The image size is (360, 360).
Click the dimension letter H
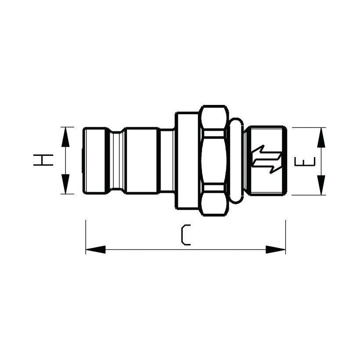[x=43, y=160]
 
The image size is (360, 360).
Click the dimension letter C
[x=186, y=235]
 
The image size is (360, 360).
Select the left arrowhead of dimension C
[x=95, y=249]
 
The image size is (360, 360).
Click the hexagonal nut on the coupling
[x=214, y=160]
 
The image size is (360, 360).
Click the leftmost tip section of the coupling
[x=97, y=160]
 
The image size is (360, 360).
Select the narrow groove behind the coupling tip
[x=116, y=160]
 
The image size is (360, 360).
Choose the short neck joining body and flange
[x=167, y=160]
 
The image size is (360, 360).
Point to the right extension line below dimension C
[x=285, y=237]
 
